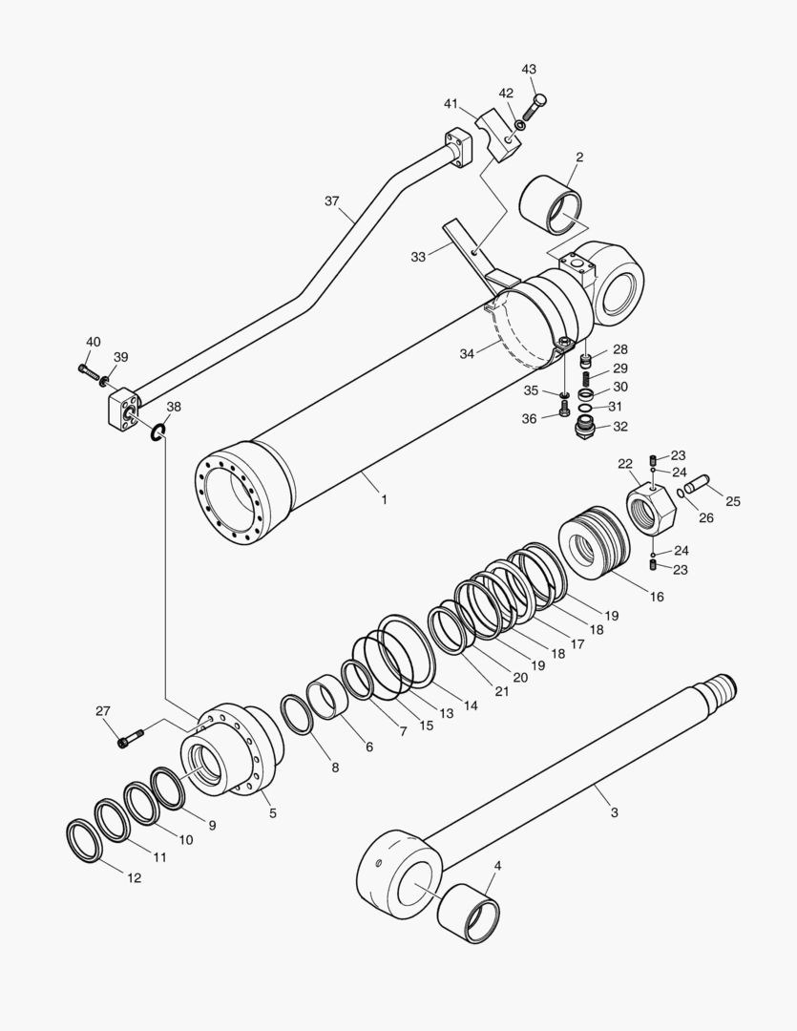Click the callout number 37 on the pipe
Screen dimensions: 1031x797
pos(331,200)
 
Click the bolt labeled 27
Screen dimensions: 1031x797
pos(131,737)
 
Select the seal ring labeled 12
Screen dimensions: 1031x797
pos(87,841)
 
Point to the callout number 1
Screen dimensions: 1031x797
pos(383,498)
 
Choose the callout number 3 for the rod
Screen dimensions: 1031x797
pos(614,812)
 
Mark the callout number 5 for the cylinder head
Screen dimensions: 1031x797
pos(272,812)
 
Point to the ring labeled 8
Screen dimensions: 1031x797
pos(297,715)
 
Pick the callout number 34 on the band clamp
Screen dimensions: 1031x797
pos(467,353)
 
